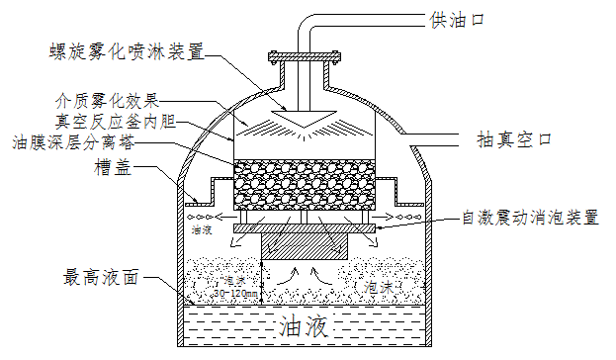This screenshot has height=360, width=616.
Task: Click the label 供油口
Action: [455, 19]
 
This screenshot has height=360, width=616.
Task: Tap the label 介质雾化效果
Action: [108, 101]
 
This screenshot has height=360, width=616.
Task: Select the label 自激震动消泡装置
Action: [531, 219]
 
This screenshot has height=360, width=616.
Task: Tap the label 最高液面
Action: [101, 277]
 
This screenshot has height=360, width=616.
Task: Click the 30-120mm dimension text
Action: [237, 294]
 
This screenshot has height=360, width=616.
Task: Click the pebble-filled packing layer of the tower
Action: [305, 185]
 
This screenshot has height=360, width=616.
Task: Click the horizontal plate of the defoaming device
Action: [305, 229]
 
